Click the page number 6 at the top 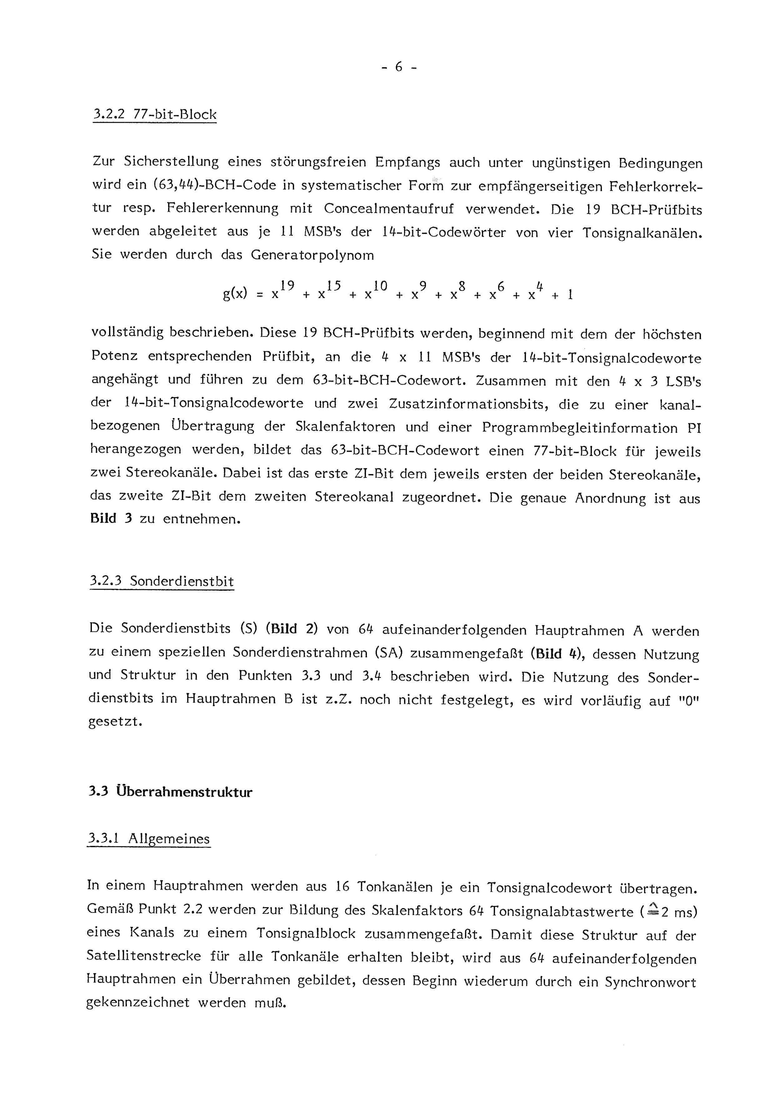[x=399, y=67]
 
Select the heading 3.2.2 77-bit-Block [x=155, y=115]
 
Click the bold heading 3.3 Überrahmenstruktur [x=170, y=792]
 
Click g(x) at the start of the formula [x=235, y=293]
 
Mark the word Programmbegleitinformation [x=579, y=427]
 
